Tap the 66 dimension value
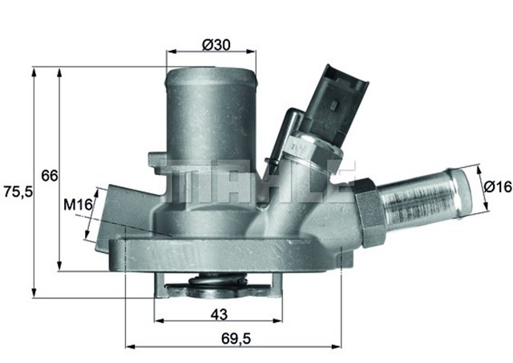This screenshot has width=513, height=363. pyautogui.click(x=49, y=176)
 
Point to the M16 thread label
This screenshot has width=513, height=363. pyautogui.click(x=77, y=206)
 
